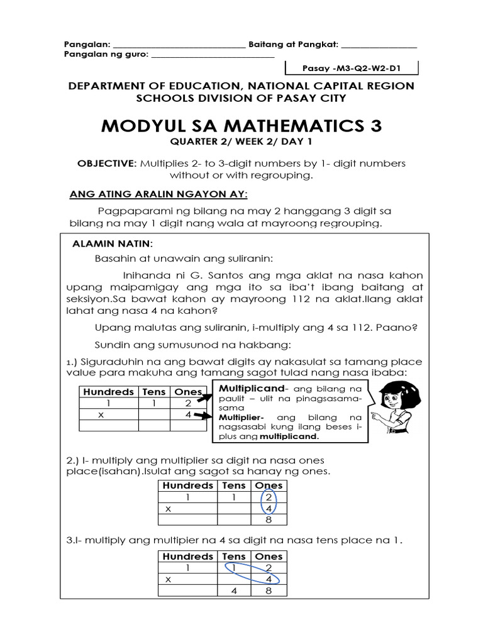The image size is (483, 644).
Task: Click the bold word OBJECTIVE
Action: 106,164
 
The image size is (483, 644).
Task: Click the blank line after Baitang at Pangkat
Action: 379,45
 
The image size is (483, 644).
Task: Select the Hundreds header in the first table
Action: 108,392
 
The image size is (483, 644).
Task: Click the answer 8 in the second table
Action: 269,519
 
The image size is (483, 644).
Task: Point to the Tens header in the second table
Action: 234,486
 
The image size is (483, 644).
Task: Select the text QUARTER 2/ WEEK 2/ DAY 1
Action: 241,143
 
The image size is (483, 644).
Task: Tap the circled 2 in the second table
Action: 269,497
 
